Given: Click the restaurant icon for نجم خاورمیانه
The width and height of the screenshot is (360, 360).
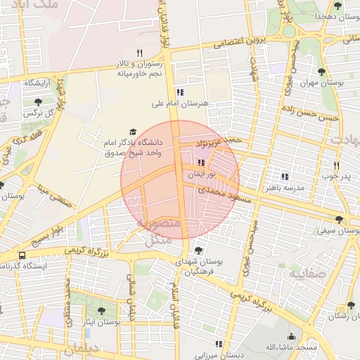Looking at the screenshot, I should [x=139, y=53].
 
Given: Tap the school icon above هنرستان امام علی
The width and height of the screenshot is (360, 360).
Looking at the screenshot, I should [x=180, y=91].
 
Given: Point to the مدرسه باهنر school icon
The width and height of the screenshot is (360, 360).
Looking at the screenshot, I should [x=285, y=176].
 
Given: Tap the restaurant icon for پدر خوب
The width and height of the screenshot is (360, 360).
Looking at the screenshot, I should [x=336, y=166].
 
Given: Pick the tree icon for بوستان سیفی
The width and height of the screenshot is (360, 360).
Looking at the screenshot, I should [x=340, y=219].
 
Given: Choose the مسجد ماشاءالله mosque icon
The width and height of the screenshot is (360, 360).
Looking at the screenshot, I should [x=291, y=337].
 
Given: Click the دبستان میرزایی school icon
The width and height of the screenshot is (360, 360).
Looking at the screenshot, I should [x=219, y=344].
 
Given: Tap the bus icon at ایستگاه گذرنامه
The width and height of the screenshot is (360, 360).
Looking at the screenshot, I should [x=22, y=255].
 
